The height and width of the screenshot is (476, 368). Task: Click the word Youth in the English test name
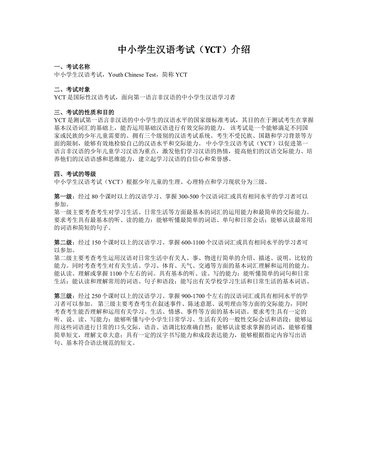(x=116, y=75)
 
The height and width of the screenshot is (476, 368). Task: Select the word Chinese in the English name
(x=136, y=75)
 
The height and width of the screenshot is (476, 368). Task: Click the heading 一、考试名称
(x=72, y=67)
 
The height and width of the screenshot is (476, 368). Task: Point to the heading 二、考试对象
(x=72, y=90)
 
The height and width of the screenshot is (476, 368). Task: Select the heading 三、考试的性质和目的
(x=84, y=112)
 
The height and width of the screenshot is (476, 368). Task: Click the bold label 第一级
(x=63, y=197)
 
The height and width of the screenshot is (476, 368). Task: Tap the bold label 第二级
(x=63, y=243)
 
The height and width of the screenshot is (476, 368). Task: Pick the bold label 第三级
(x=63, y=296)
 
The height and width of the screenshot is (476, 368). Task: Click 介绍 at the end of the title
(x=242, y=50)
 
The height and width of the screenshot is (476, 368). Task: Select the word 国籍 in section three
(x=260, y=135)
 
